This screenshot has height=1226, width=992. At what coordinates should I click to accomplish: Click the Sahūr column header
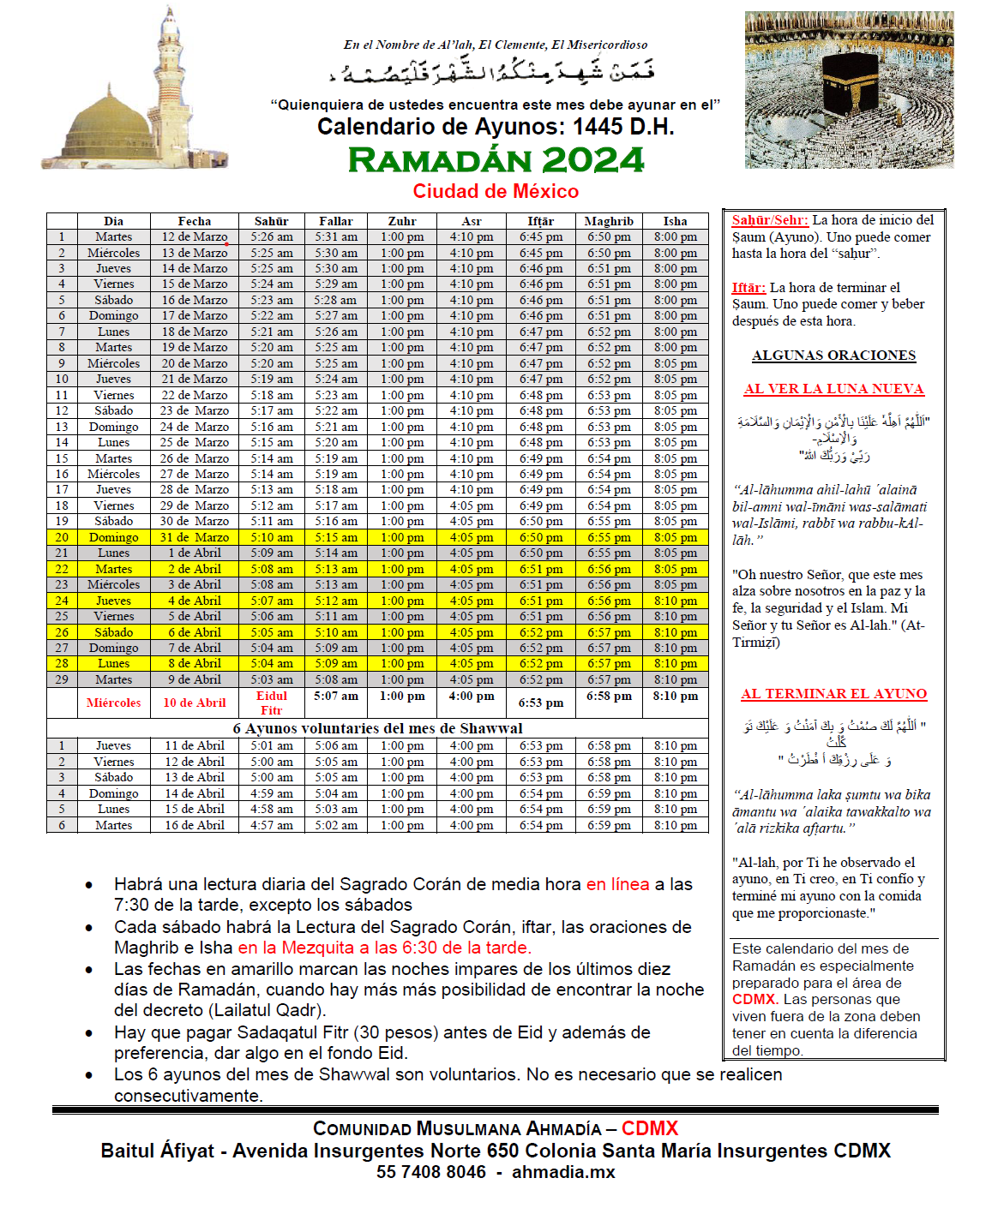pos(271,221)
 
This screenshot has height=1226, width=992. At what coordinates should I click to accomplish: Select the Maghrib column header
pos(609,221)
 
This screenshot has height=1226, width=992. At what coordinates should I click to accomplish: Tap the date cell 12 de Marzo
pos(195,237)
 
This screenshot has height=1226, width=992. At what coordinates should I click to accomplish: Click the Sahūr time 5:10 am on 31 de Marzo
pos(271,537)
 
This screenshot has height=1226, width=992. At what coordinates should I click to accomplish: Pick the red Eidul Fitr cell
pos(271,703)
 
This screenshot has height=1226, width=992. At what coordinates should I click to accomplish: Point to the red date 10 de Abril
pos(195,703)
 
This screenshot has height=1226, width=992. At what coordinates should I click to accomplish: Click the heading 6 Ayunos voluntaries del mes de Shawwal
pos(377,728)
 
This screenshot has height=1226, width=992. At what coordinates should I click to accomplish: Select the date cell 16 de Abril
pos(195,825)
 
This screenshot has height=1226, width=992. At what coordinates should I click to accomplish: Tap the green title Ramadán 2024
pos(496,160)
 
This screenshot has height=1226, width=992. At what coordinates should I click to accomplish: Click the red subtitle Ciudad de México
pos(496,191)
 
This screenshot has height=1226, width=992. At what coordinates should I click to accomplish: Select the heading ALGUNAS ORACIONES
pos(833,356)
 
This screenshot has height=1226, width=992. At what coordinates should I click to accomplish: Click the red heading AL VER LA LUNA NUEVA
pos(833,389)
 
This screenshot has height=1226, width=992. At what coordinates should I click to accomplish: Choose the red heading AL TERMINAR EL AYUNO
pos(833,694)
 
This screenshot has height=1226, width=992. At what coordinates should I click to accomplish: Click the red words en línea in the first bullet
pos(617,884)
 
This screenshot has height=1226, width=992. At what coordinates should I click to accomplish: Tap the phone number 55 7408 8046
pos(430,1172)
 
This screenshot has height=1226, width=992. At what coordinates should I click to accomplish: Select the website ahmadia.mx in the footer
pos(563,1172)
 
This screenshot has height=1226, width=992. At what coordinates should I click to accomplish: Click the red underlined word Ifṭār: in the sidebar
pos(749,288)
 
